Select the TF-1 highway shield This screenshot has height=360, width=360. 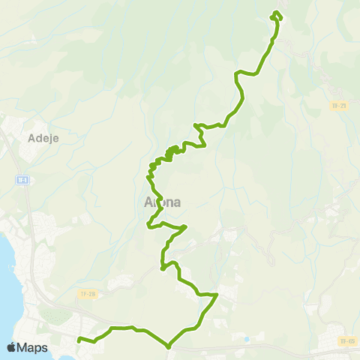pyautogui.click(x=22, y=180)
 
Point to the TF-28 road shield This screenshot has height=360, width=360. pyautogui.click(x=88, y=293)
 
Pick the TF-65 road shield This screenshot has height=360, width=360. pyautogui.click(x=346, y=341)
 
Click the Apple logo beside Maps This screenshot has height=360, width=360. pyautogui.click(x=11, y=347)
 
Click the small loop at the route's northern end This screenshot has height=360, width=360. pyautogui.click(x=277, y=15)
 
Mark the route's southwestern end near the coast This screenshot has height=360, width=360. pyautogui.click(x=79, y=340)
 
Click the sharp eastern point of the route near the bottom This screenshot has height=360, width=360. pyautogui.click(x=217, y=295)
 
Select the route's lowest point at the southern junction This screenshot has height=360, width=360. pyautogui.click(x=168, y=346)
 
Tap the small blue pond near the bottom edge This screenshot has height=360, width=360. pyautogui.click(x=246, y=339)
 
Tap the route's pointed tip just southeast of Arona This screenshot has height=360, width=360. pyautogui.click(x=185, y=226)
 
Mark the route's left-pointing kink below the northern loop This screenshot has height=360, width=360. pyautogui.click(x=238, y=73)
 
